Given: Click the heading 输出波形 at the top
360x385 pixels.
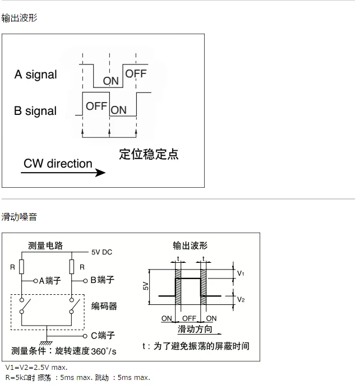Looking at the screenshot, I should (x=20, y=18).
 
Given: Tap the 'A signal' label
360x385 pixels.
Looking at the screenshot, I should (x=35, y=75).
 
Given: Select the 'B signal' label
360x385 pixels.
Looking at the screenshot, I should (x=35, y=111).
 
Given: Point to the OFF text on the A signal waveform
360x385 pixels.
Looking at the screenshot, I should (x=136, y=73).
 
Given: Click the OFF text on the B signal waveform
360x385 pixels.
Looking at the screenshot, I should (x=96, y=105).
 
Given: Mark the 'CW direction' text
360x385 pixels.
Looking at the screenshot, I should (x=58, y=164).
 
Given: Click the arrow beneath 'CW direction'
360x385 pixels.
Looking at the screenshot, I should (x=63, y=173).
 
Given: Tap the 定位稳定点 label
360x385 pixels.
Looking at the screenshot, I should (x=149, y=155).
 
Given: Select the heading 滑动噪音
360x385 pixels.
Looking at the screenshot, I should (x=20, y=216).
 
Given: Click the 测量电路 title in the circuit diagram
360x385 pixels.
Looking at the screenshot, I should (x=46, y=245).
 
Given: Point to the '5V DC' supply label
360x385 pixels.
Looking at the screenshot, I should (x=102, y=252).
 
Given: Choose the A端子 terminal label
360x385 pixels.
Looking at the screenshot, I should (x=50, y=280).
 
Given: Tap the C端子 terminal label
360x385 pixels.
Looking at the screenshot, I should (x=103, y=336).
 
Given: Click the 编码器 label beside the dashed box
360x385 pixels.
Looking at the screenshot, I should (x=104, y=306).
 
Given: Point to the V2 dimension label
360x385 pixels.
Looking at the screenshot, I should (x=241, y=299).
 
